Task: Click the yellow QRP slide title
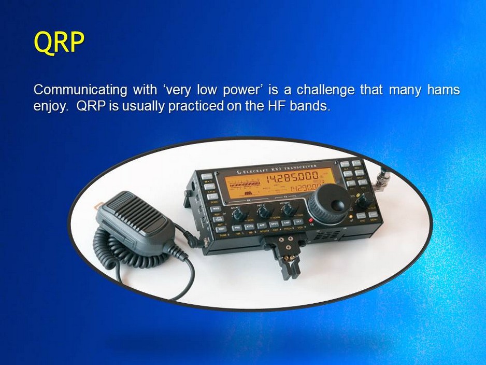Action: coord(59,42)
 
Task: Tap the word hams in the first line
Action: coord(444,90)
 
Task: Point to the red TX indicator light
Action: coord(311,220)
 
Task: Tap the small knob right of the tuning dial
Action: coord(365,200)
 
